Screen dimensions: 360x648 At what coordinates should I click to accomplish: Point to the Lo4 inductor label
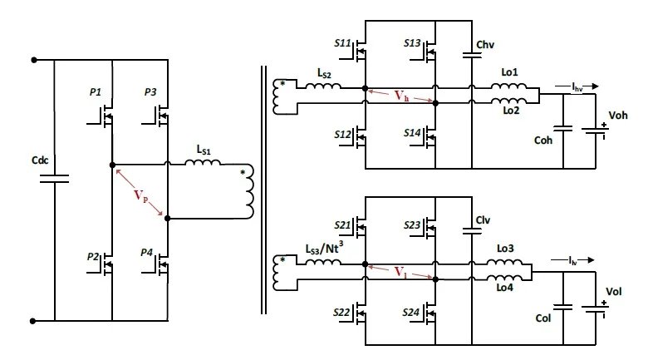tap(504, 287)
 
